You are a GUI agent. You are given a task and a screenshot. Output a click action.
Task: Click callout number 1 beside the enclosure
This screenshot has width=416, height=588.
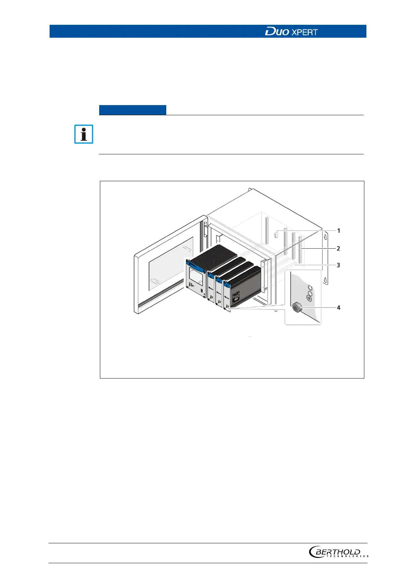[338, 231]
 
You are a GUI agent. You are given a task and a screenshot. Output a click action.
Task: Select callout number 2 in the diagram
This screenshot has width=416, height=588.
[338, 249]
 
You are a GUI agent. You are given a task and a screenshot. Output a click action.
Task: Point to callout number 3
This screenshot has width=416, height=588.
[338, 265]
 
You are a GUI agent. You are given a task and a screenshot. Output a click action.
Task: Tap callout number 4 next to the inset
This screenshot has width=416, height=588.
[338, 308]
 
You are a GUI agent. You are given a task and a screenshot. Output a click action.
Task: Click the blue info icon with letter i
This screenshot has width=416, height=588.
[84, 134]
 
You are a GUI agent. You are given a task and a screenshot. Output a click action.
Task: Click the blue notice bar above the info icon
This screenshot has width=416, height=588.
[132, 110]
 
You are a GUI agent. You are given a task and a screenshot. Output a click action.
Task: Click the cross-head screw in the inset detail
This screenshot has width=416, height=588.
[309, 298]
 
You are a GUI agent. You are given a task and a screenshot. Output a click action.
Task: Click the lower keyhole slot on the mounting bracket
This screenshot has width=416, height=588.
[325, 280]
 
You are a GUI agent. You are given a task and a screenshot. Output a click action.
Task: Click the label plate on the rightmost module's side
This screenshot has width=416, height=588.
[239, 300]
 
